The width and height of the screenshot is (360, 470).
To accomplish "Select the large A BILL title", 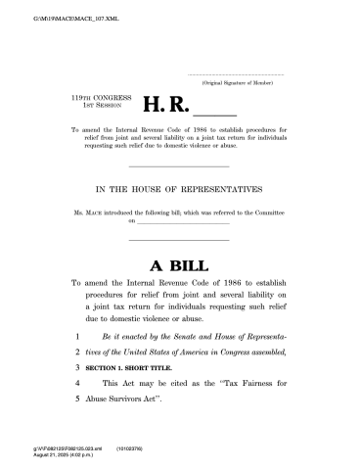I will coord(179,264).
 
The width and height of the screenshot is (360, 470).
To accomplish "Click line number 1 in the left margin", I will coord(76,335).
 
